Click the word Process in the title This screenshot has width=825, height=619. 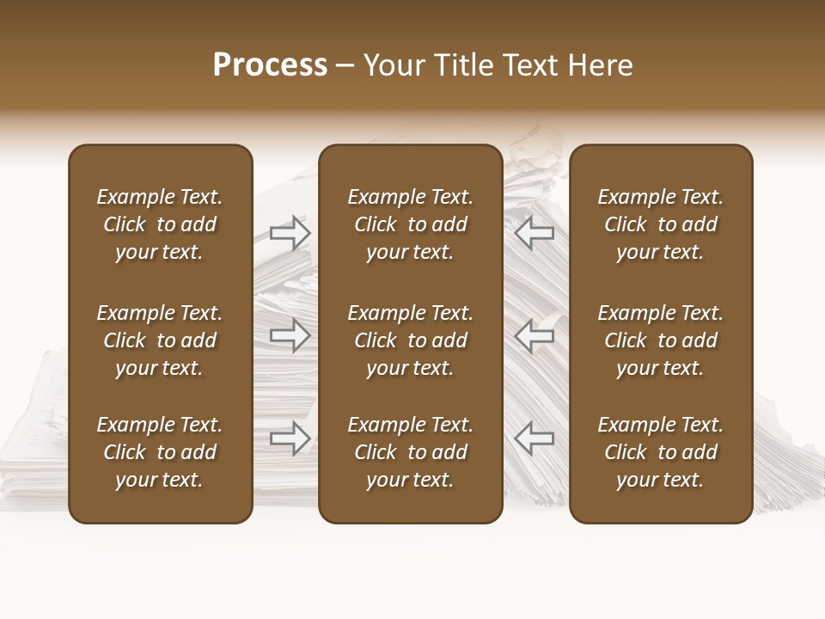(x=270, y=65)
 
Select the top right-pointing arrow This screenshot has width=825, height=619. (x=290, y=233)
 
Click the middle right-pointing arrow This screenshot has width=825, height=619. (x=290, y=335)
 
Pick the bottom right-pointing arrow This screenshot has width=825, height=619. (x=290, y=438)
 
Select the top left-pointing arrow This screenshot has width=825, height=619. (x=535, y=233)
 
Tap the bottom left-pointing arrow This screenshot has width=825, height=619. (x=535, y=438)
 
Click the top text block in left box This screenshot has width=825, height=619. (x=160, y=224)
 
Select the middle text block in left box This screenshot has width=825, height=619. (x=160, y=340)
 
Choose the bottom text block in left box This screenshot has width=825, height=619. (x=160, y=452)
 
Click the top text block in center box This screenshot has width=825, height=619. (x=410, y=224)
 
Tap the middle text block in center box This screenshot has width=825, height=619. (x=410, y=340)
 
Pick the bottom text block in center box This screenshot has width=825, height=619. (x=410, y=452)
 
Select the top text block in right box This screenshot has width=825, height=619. (x=660, y=224)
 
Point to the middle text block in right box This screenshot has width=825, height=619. (x=660, y=340)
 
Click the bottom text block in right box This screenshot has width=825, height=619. (x=660, y=452)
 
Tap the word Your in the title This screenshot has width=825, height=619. (x=391, y=65)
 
